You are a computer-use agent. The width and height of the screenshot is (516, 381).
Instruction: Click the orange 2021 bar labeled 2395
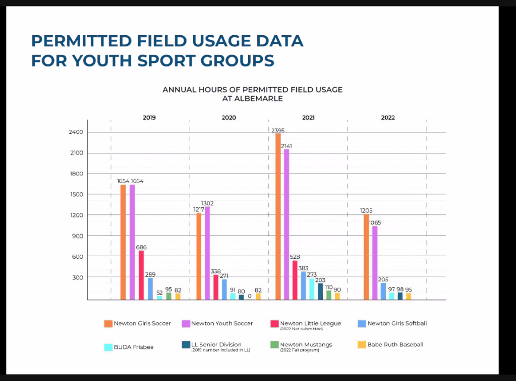pos(278,216)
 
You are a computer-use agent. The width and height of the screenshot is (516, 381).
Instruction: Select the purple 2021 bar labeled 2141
pos(286,224)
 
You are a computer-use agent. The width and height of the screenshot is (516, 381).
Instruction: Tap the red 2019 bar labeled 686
pos(141,275)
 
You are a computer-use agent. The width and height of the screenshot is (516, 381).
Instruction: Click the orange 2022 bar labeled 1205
pos(366,257)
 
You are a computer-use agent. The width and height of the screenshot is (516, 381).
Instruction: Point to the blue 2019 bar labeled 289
pos(150,288)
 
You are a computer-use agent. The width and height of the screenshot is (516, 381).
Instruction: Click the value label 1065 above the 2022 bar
pos(375,222)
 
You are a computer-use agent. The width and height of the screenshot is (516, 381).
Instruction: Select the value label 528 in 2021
pos(295,257)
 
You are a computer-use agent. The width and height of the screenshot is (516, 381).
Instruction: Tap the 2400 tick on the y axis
pos(77,132)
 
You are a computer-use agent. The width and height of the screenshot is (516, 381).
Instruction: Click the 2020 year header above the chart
pos(228,118)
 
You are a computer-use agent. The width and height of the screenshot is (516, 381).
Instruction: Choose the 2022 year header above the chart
pos(388,118)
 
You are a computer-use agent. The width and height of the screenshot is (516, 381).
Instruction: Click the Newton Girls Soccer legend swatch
pos(108,324)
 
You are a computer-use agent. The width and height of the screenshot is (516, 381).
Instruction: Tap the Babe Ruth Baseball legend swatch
pos(361,345)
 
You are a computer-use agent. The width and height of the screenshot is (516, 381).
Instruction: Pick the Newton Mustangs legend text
pos(306,345)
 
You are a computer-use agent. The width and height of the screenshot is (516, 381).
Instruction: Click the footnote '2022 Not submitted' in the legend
pos(301,329)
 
